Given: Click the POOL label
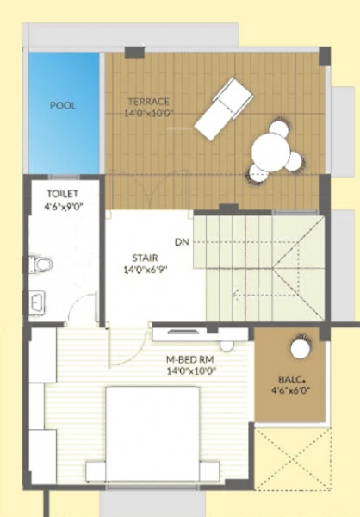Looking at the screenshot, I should pyautogui.click(x=62, y=106).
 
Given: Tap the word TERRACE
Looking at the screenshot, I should pyautogui.click(x=146, y=101).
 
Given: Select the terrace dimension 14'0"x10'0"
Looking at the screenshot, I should pyautogui.click(x=148, y=112).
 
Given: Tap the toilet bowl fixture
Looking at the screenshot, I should pyautogui.click(x=40, y=263).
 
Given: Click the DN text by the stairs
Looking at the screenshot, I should pyautogui.click(x=181, y=241).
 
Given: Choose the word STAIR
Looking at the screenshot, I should pyautogui.click(x=145, y=258).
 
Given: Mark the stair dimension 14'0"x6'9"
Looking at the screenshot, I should pyautogui.click(x=145, y=270).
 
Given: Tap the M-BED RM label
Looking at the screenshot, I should pyautogui.click(x=190, y=359).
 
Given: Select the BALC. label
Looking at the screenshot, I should pyautogui.click(x=291, y=378).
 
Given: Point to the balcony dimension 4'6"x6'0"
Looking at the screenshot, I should pyautogui.click(x=291, y=390).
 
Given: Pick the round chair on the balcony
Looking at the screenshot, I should pyautogui.click(x=299, y=348).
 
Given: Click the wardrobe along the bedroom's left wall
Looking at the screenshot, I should pyautogui.click(x=41, y=409).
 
